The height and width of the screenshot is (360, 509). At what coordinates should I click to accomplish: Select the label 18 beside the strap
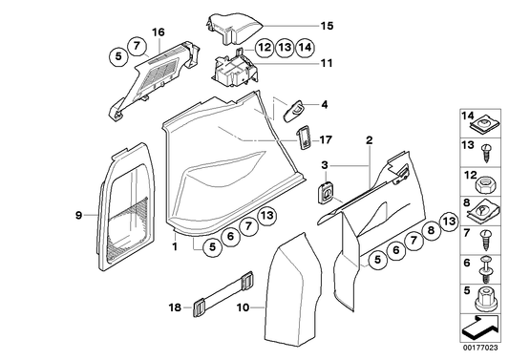(175, 308)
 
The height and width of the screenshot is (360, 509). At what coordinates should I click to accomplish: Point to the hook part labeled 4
(292, 110)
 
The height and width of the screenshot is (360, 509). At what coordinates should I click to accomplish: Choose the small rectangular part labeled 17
(303, 136)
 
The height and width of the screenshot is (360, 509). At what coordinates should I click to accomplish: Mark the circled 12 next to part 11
(265, 46)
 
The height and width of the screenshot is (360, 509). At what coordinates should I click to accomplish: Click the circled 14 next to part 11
(305, 46)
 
